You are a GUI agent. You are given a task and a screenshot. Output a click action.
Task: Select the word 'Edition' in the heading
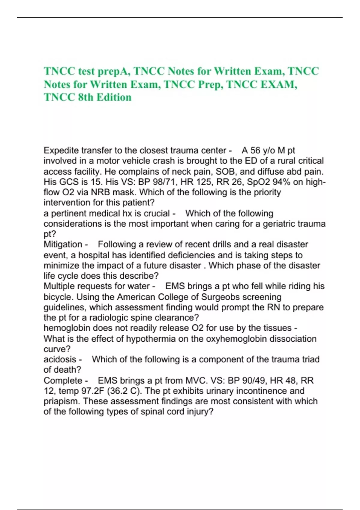(116, 97)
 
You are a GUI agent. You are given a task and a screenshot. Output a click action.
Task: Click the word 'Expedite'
(61, 150)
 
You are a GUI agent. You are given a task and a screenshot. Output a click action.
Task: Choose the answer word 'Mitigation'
(63, 244)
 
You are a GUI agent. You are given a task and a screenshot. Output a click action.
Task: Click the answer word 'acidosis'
(60, 359)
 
